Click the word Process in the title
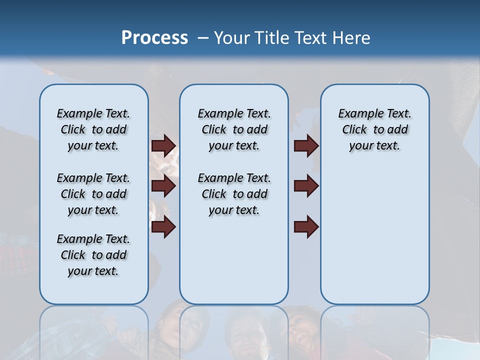click(x=154, y=37)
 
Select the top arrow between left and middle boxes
click(x=163, y=145)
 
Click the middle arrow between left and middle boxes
click(x=163, y=186)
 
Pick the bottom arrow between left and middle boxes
click(x=163, y=227)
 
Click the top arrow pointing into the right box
click(x=306, y=145)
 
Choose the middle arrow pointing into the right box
click(x=306, y=186)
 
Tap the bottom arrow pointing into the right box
click(x=306, y=227)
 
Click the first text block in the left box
click(x=93, y=129)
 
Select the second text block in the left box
click(x=93, y=194)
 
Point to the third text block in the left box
click(x=93, y=255)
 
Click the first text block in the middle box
click(x=234, y=129)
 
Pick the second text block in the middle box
click(x=234, y=194)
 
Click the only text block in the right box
click(x=374, y=129)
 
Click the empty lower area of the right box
click(x=374, y=235)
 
